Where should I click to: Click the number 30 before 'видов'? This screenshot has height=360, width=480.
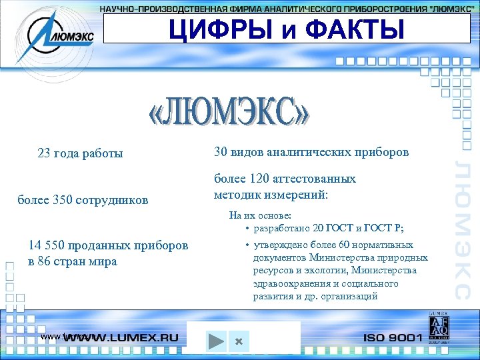(x=221, y=152)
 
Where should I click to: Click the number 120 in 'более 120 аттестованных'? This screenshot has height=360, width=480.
(x=257, y=179)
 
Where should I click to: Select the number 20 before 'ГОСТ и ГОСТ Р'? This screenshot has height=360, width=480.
(x=318, y=228)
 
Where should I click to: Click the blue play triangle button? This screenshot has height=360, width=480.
(x=215, y=341)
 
